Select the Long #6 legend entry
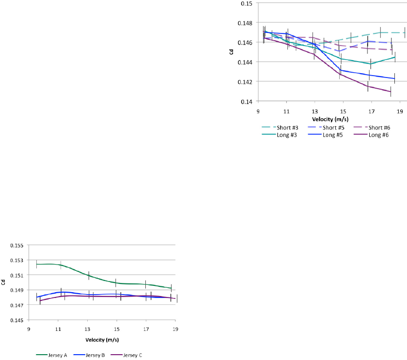point(378,134)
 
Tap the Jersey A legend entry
point(59,355)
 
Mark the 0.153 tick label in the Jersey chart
point(17,260)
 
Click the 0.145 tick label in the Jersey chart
point(17,320)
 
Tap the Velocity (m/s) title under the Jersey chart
point(102,339)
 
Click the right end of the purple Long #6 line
point(391,92)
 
